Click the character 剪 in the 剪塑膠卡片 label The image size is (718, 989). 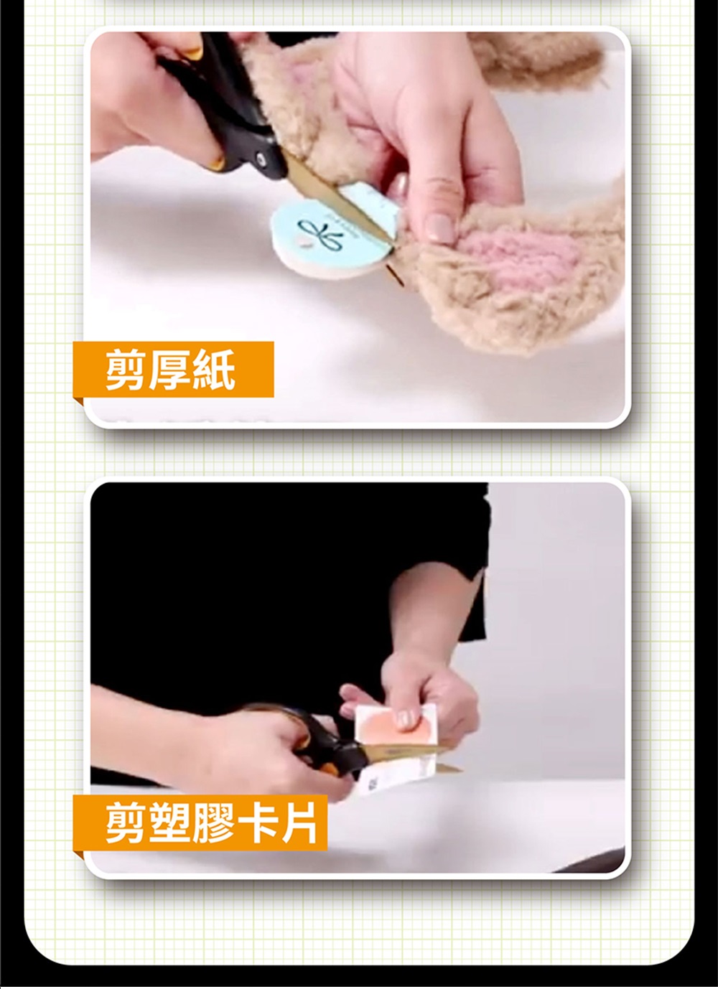pyautogui.click(x=127, y=822)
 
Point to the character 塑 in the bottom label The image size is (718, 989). pyautogui.click(x=170, y=822)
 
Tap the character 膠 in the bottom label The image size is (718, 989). pyautogui.click(x=213, y=822)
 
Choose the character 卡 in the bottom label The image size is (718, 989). pyautogui.click(x=255, y=822)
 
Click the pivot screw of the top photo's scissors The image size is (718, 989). pyautogui.click(x=261, y=159)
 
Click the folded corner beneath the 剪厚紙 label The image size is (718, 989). pyautogui.click(x=78, y=401)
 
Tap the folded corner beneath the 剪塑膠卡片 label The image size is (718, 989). pyautogui.click(x=78, y=854)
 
